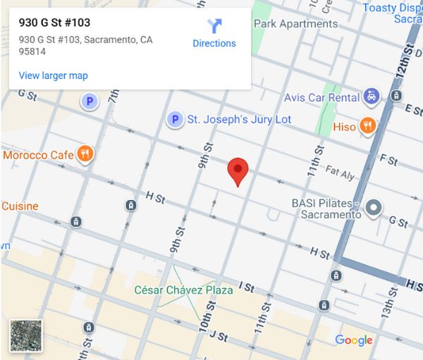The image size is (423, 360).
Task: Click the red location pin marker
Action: point(239,170)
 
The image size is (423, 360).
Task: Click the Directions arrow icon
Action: point(214,27)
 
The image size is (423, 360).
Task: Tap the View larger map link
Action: point(54,75)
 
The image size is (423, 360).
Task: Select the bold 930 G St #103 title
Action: point(54,23)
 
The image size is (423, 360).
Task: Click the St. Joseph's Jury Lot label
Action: point(238,120)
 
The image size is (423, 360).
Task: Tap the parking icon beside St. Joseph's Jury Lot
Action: point(175,120)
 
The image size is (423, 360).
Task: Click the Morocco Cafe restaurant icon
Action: point(85,154)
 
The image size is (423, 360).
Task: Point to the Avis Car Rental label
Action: point(322,97)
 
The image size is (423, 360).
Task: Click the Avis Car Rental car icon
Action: point(372,97)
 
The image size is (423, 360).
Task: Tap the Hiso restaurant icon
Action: point(367,126)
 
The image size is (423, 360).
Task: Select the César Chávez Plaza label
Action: point(184,290)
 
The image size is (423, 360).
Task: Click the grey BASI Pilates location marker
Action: point(374,207)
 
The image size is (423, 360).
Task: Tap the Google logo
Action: point(354,340)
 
